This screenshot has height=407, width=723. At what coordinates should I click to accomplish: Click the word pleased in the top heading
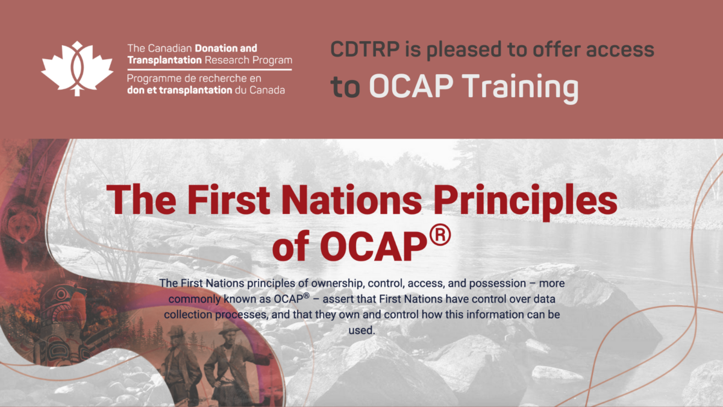click(463, 50)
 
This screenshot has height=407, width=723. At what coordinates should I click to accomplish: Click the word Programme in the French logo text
click(153, 79)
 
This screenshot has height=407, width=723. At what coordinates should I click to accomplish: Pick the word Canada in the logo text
click(267, 90)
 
